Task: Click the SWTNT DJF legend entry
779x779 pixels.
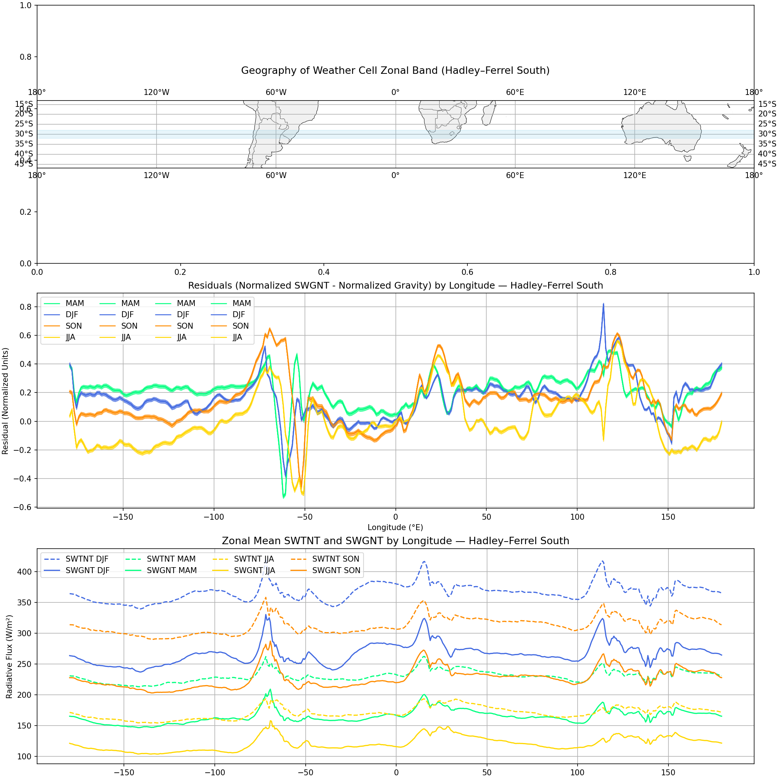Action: [87, 559]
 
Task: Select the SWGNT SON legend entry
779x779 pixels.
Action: [336, 570]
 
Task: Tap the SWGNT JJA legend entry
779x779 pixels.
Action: [254, 570]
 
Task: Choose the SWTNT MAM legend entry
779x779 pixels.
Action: [171, 559]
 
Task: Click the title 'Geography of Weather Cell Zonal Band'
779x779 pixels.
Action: [395, 70]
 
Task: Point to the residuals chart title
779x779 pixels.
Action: [395, 286]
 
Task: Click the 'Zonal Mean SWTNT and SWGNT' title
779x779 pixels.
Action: [395, 541]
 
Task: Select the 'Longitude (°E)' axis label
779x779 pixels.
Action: [395, 527]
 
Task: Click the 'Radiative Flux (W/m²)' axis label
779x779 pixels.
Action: [9, 657]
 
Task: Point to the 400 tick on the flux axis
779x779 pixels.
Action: [25, 572]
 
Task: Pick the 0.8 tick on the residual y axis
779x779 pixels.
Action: [26, 307]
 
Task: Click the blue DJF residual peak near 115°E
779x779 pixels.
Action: [603, 305]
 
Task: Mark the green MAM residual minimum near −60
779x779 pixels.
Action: [284, 497]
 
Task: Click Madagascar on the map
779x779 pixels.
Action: [488, 113]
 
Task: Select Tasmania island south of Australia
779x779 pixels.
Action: [688, 158]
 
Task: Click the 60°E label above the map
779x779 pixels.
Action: [515, 93]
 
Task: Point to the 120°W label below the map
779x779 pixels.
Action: [157, 175]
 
